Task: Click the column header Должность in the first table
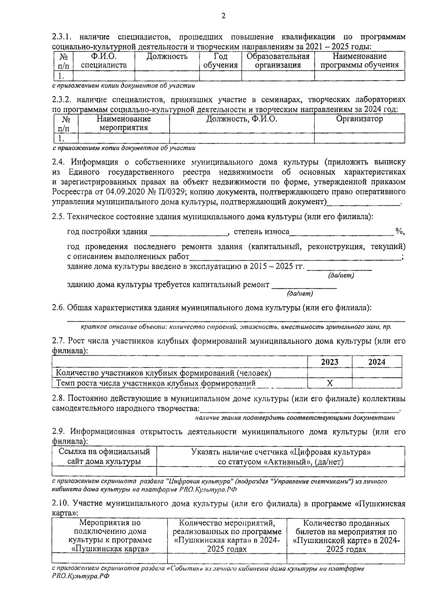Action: coord(167,56)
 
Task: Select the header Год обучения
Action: coord(220,61)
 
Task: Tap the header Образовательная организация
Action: coord(278,61)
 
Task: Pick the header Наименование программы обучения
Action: coord(359,61)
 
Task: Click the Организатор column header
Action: coord(359,119)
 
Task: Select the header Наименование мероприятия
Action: coord(124,123)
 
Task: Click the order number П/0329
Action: coord(174,192)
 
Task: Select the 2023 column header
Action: coord(329,362)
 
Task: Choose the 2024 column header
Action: coord(376,362)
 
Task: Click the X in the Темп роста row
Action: coord(329,383)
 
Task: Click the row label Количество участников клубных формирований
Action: coord(163,373)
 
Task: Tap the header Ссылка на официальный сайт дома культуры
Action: coord(105,457)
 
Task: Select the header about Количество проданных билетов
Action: coord(346,536)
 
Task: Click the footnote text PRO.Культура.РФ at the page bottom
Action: coord(80,577)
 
